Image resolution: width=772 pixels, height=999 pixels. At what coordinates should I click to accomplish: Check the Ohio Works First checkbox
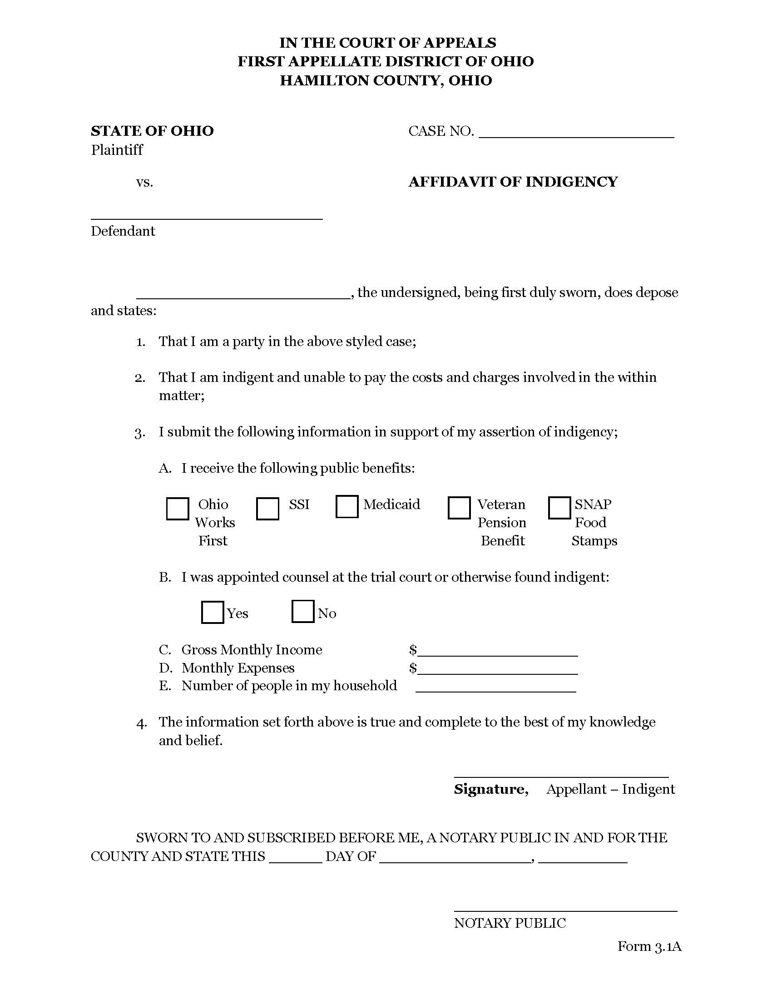pos(178,509)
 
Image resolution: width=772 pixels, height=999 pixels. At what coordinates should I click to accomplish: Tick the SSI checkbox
pos(267,509)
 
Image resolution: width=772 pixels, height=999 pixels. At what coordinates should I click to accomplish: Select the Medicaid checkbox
pos(346,506)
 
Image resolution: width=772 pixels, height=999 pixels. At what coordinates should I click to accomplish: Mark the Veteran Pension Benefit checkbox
pos(459,508)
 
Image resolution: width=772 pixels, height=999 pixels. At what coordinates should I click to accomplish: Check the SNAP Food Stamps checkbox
pos(559,508)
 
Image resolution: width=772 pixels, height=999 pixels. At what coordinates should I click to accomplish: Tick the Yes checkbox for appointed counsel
pos(212,612)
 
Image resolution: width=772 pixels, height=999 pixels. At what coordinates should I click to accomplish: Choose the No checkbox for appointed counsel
pos(302,611)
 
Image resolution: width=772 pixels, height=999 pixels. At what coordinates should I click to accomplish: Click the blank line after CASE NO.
pos(576,134)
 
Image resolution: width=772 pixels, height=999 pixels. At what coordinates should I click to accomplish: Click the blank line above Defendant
pos(207,216)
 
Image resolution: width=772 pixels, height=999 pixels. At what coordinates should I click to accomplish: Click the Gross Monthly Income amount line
pos(498,652)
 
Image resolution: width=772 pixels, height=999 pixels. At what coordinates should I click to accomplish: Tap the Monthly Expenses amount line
pos(498,671)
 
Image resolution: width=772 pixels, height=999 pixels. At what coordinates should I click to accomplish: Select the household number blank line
pos(496,688)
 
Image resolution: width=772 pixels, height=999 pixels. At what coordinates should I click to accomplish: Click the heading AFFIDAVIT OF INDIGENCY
pos(513,182)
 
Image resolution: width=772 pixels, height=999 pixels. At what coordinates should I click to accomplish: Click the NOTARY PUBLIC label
pos(510,923)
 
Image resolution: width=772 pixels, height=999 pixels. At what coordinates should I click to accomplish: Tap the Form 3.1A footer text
pos(649,946)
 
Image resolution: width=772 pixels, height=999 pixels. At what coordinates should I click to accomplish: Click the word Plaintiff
pos(117,150)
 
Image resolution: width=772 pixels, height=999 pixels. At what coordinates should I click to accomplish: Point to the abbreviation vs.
pos(144,182)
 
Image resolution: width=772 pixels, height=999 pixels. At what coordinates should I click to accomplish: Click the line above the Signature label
pos(561,775)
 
